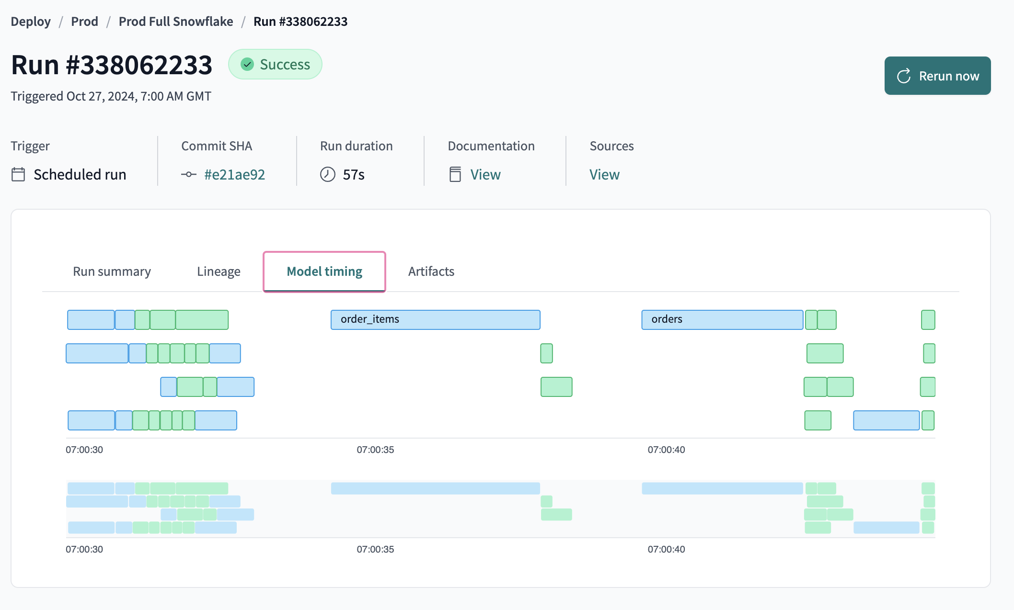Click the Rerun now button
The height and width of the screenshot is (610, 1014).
coord(937,76)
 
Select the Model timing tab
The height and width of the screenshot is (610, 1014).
coord(324,271)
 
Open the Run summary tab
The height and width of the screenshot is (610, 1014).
coord(112,271)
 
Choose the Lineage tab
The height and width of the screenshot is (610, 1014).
coord(219,271)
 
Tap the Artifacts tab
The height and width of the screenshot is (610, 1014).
coord(431,271)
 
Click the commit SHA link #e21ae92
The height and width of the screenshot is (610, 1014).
coord(234,175)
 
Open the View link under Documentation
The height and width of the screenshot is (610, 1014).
coord(485,175)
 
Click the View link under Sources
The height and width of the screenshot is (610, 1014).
coord(604,175)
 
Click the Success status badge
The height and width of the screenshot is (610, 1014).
coord(275,65)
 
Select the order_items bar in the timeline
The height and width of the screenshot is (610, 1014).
coord(435,319)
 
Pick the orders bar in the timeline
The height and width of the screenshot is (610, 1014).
coord(722,319)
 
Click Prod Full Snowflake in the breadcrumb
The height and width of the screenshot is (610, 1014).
coord(176,22)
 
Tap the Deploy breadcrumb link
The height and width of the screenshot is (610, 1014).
coord(31,22)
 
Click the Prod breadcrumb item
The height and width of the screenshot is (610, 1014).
coord(84,22)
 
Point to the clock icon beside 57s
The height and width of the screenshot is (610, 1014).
coord(328,174)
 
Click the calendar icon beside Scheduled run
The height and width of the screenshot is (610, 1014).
coord(18,174)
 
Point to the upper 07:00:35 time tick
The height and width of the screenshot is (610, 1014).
coord(375,450)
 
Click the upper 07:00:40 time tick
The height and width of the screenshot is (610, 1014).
coord(666,450)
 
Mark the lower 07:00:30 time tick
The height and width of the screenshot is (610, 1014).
coord(84,549)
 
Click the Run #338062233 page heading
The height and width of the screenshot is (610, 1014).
coord(112,65)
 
